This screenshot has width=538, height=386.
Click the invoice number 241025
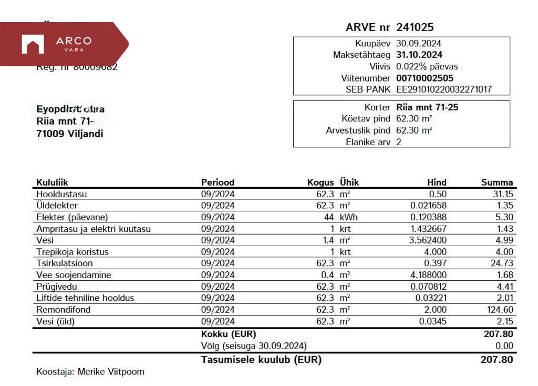tap(415, 28)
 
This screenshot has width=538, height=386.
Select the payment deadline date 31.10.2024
tap(419, 55)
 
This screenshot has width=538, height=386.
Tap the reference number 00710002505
tap(425, 78)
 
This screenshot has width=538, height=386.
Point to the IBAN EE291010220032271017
tap(443, 89)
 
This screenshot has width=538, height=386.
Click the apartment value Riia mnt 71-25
tap(427, 107)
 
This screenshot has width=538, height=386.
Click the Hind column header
tap(437, 182)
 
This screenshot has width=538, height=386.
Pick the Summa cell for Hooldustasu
tap(503, 194)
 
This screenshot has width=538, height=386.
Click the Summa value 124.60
tap(500, 310)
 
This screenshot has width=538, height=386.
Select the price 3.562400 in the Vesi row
tap(426, 240)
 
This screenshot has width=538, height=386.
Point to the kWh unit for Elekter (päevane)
tap(349, 217)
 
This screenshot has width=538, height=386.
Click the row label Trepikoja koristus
tap(72, 252)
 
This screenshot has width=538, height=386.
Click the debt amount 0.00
tap(504, 346)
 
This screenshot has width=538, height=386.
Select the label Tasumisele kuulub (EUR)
tap(261, 360)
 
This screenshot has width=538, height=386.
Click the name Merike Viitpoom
tap(111, 372)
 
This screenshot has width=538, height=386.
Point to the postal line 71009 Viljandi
tap(69, 134)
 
